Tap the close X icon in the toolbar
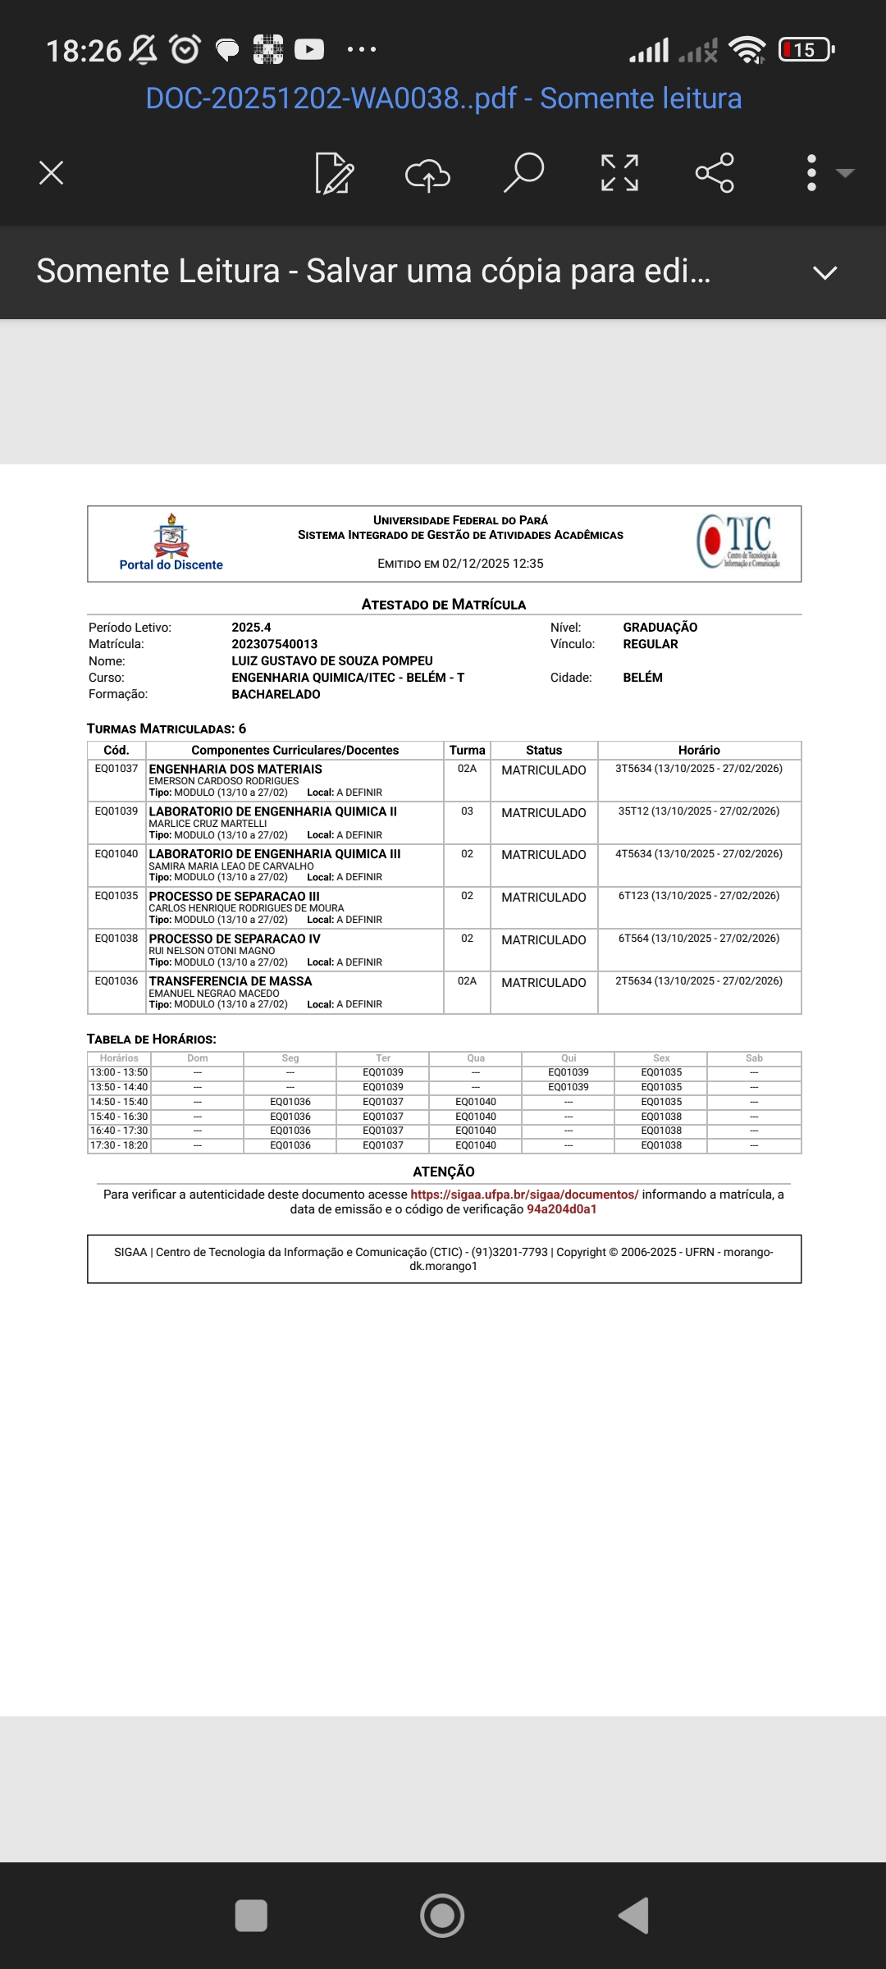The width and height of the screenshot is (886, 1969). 51,173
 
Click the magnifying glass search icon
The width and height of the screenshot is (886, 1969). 523,172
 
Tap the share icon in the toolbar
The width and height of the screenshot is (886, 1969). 715,173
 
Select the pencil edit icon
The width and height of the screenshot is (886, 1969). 334,173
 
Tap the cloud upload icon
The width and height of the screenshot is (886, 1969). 427,174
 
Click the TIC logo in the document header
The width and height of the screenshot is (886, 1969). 738,541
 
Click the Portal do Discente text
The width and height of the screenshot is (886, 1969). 171,565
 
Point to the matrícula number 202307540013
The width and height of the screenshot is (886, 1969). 274,644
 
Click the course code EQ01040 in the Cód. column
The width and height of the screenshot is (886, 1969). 116,854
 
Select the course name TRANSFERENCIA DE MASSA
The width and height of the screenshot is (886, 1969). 231,981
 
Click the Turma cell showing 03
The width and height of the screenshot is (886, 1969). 467,811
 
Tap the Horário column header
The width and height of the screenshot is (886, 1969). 699,750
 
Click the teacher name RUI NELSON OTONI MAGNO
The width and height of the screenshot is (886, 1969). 212,951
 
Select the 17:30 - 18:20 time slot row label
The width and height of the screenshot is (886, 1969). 119,1145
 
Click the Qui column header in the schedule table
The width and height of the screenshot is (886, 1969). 569,1058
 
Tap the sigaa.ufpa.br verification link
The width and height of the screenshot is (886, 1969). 524,1195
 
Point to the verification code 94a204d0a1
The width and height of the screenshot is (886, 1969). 562,1209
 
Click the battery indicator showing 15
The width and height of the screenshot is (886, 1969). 806,50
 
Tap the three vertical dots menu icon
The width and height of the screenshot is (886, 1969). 811,173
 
